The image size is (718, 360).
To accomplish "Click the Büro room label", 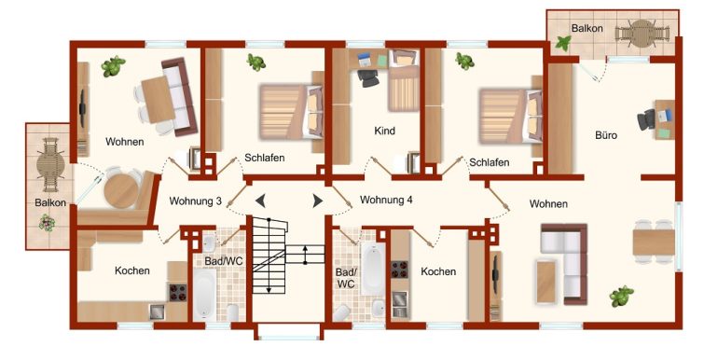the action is (x=606, y=135).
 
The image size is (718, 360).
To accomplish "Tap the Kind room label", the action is (x=384, y=131).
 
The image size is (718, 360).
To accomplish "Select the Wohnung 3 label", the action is (x=196, y=201).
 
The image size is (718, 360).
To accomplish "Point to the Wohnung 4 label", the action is (x=386, y=201).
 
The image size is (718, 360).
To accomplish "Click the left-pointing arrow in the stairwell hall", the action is (x=260, y=201).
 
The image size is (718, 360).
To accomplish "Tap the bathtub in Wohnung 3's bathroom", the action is (x=204, y=294).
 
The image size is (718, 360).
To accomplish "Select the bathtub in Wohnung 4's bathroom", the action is (x=373, y=269).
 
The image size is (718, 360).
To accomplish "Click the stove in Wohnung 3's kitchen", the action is (x=178, y=292).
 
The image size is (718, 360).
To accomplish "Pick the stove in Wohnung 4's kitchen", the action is (x=399, y=270).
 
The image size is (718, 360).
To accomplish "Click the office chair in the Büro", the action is (x=646, y=119).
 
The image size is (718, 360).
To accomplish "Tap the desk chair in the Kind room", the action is (x=368, y=77).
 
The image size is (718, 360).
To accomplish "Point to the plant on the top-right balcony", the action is (x=563, y=44).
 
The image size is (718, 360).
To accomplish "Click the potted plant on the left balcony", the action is (x=47, y=223).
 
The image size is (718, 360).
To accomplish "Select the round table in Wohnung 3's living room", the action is (x=120, y=191).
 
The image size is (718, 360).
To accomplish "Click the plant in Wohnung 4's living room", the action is (x=621, y=296).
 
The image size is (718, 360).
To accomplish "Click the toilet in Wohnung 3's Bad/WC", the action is (x=232, y=312).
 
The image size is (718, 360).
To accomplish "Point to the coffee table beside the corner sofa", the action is (x=546, y=282).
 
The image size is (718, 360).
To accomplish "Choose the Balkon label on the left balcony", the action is (x=50, y=202).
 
